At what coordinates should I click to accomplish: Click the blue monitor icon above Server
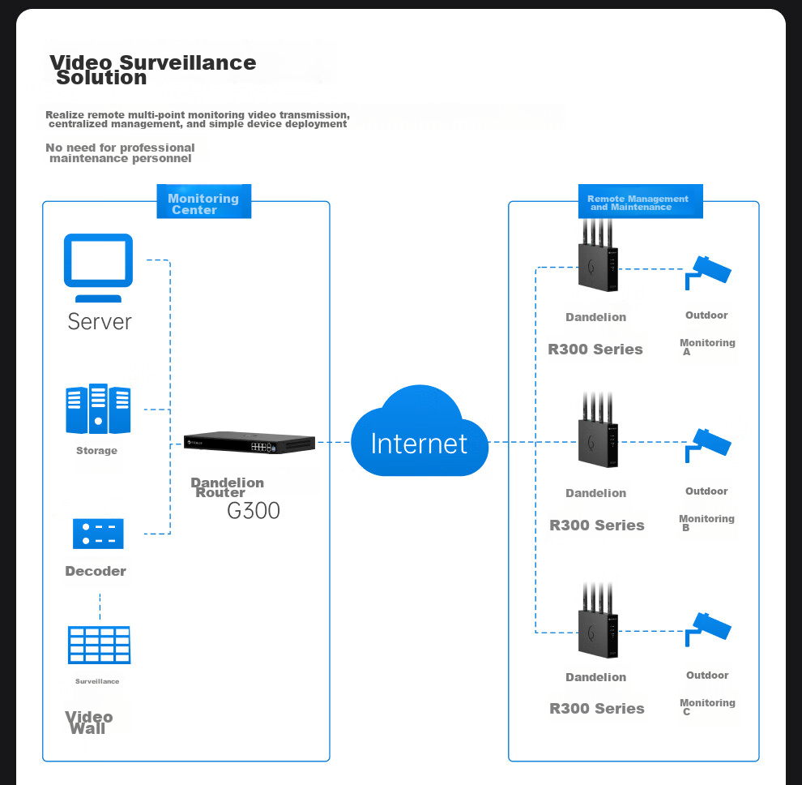[x=98, y=260]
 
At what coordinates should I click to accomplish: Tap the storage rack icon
[x=98, y=409]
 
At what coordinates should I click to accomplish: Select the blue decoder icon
[x=98, y=534]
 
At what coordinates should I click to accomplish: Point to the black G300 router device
[x=249, y=444]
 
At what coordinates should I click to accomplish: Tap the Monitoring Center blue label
[x=203, y=204]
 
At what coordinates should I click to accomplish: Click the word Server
[x=99, y=321]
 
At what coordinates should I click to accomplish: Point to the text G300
[x=254, y=511]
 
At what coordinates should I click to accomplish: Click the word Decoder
[x=96, y=571]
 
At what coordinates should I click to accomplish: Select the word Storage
[x=96, y=451]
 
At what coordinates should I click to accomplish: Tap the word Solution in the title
[x=101, y=78]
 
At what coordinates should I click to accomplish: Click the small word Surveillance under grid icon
[x=97, y=681]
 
